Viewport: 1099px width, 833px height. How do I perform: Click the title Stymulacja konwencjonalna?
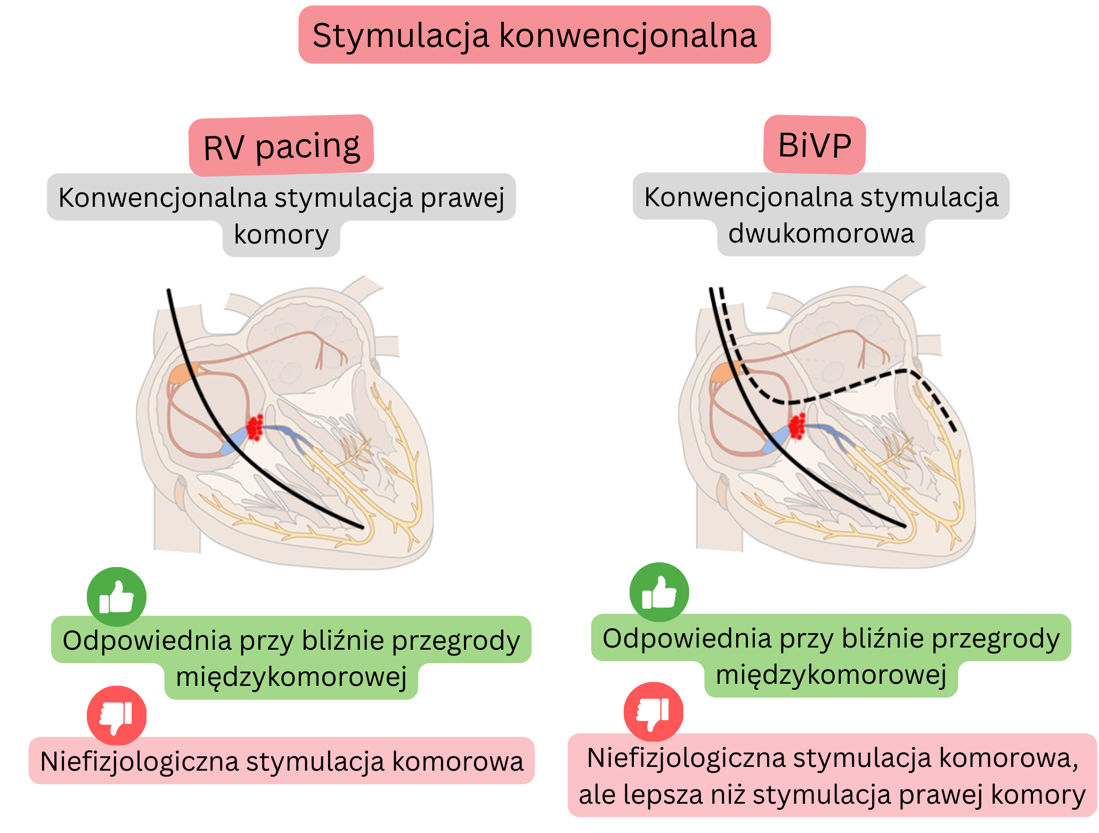pyautogui.click(x=534, y=35)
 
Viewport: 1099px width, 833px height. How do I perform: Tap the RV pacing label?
pyautogui.click(x=281, y=146)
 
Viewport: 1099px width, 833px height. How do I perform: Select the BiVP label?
pyautogui.click(x=814, y=145)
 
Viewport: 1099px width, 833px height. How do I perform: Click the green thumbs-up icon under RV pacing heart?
pyautogui.click(x=117, y=597)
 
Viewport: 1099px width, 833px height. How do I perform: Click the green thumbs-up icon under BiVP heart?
pyautogui.click(x=659, y=593)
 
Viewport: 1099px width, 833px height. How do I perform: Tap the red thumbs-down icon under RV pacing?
pyautogui.click(x=117, y=715)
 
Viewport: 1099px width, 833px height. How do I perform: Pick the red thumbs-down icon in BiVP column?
pyautogui.click(x=654, y=711)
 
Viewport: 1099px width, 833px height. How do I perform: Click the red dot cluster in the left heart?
pyautogui.click(x=255, y=427)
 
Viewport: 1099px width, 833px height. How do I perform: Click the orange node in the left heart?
pyautogui.click(x=183, y=373)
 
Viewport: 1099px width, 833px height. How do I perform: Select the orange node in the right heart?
pyautogui.click(x=724, y=371)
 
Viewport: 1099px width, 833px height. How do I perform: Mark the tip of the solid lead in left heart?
pyautogui.click(x=362, y=527)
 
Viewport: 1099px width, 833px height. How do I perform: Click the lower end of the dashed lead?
pyautogui.click(x=955, y=430)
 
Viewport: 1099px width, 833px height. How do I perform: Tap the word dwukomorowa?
pyautogui.click(x=821, y=233)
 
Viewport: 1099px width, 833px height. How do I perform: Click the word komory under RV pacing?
pyautogui.click(x=281, y=234)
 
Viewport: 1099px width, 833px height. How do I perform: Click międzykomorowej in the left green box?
pyautogui.click(x=291, y=677)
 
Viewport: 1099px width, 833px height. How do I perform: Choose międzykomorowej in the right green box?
pyautogui.click(x=831, y=675)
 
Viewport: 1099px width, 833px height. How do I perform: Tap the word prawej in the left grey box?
pyautogui.click(x=462, y=198)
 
